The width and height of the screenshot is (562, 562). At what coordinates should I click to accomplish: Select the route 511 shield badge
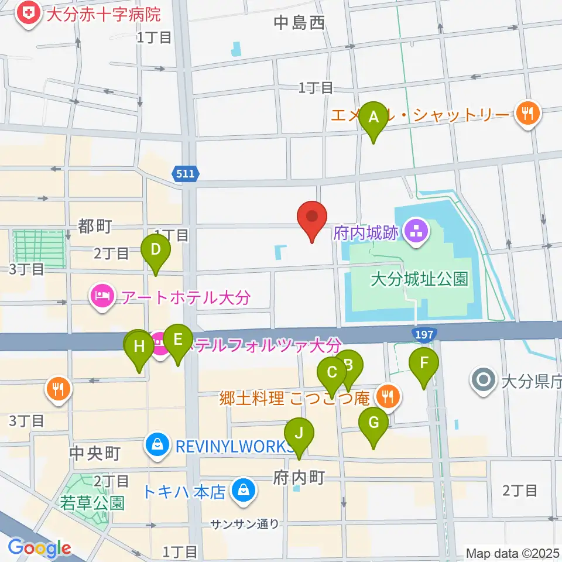(187, 173)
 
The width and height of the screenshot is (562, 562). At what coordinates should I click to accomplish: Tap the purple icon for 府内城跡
(417, 232)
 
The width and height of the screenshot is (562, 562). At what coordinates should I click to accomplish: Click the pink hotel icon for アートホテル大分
(102, 296)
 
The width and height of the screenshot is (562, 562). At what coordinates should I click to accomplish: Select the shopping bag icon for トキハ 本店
(241, 489)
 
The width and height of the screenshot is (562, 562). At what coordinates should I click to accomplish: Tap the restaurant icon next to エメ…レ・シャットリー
(528, 112)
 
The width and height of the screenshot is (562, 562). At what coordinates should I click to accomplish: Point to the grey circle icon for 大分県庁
(484, 381)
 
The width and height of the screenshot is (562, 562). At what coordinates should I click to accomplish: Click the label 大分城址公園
(420, 279)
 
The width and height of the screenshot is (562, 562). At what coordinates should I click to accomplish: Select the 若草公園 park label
(92, 502)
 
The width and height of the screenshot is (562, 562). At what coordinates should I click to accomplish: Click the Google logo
(39, 547)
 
